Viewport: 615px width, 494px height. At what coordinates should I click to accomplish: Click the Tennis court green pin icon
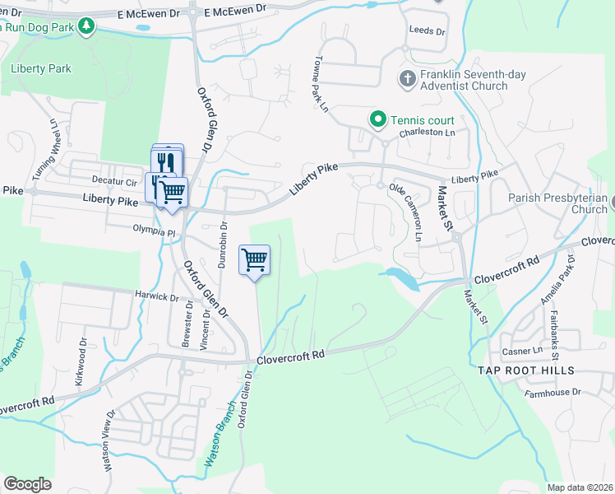coord(378,120)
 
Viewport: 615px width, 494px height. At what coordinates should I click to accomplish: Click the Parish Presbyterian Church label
coord(557,203)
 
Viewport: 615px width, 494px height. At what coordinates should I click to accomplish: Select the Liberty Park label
coord(41,69)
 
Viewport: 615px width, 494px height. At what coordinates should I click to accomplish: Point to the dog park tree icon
coord(86,26)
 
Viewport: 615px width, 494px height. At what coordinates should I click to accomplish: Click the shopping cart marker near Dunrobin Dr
coord(254,260)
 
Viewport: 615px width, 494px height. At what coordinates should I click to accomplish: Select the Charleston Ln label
coord(427,133)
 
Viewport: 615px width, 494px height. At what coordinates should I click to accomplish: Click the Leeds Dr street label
coord(427,30)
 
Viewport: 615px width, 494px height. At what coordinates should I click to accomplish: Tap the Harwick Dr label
coord(157,296)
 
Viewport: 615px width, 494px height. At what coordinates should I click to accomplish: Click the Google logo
coord(27,484)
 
